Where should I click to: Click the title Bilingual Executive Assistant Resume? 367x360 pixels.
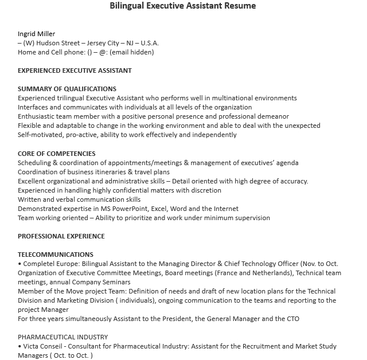[183, 6]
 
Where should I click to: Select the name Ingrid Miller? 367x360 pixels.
[37, 34]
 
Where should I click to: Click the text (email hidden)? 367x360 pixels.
[132, 52]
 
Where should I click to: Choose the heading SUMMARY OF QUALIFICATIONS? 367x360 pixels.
[67, 89]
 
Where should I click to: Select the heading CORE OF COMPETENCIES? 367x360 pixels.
[57, 154]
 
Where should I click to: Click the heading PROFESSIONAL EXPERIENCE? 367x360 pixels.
[61, 236]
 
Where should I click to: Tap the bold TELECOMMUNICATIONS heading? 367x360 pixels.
[56, 255]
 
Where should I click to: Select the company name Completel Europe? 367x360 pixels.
[50, 264]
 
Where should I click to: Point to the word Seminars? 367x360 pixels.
[116, 282]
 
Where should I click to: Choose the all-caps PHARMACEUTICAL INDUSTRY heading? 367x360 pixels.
[63, 337]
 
